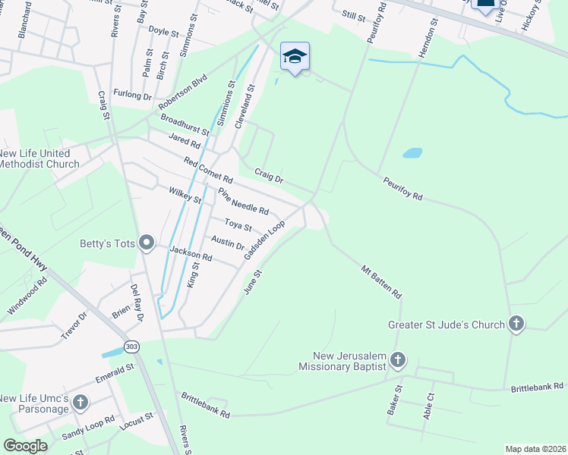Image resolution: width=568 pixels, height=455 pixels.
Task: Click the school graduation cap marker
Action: [x=295, y=57]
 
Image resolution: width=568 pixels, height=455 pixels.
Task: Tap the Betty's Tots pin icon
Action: [x=147, y=243]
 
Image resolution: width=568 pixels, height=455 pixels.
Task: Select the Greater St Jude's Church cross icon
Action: [x=516, y=324]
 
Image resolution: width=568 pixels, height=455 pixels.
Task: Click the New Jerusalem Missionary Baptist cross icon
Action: [x=398, y=359]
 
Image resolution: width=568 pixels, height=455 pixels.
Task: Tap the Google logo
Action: [x=25, y=445]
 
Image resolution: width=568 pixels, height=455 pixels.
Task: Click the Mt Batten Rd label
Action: [x=380, y=281]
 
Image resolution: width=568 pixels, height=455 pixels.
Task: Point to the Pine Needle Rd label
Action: [x=243, y=201]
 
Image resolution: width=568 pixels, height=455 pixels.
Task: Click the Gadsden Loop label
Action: [x=264, y=240]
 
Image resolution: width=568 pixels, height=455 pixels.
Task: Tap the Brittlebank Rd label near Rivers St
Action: [x=204, y=405]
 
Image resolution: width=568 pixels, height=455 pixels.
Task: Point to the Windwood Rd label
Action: [x=27, y=296]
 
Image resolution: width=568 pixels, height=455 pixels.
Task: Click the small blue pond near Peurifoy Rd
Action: [x=412, y=152]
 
